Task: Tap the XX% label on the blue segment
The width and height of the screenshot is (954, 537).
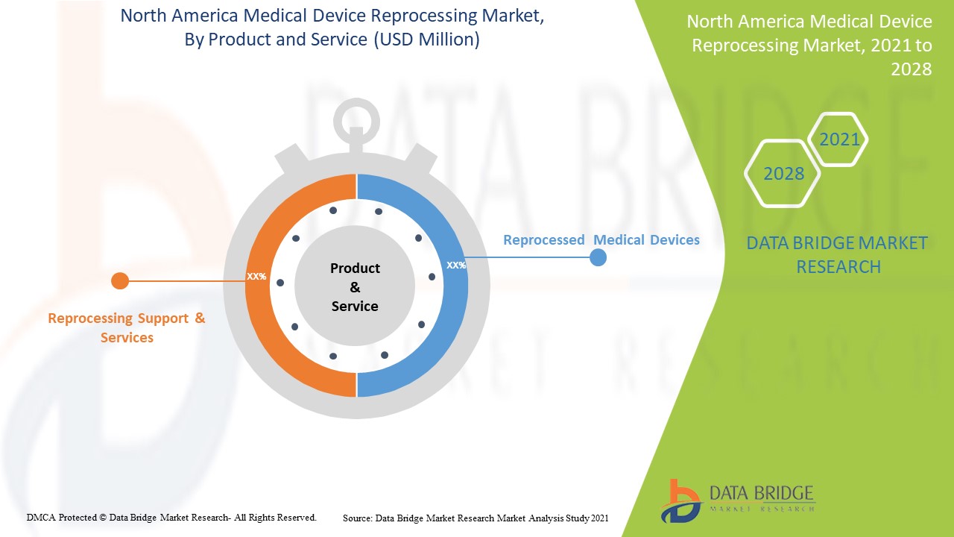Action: coord(455,265)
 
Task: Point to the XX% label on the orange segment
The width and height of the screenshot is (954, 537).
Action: coord(256,276)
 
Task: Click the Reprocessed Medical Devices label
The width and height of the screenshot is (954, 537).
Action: coord(601,239)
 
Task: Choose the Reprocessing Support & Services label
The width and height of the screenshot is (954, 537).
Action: coord(127,327)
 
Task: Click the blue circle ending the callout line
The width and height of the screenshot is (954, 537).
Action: coord(598,257)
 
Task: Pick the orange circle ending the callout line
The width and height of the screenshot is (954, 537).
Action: coord(120,281)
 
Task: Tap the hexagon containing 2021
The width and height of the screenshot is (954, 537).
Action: coord(839,139)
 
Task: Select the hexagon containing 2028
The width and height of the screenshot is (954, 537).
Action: coord(783,173)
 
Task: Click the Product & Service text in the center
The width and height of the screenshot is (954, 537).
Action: coord(355,287)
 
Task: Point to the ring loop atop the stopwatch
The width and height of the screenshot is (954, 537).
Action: coord(356,117)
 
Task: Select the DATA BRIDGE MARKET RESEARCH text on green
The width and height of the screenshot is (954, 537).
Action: coord(838,254)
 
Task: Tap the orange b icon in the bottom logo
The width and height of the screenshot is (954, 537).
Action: coord(680,500)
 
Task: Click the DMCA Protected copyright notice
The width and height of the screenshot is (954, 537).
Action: coord(171,517)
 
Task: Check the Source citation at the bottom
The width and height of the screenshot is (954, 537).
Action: coord(476,518)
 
